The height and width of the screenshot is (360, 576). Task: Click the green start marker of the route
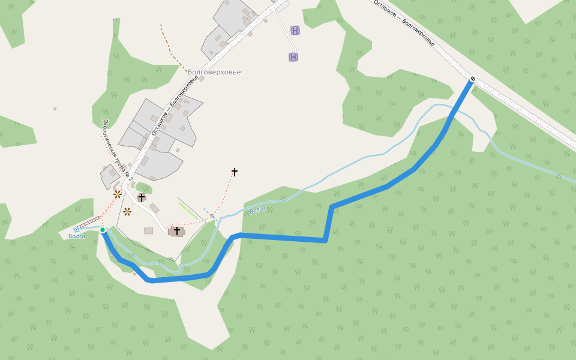tap(103, 230)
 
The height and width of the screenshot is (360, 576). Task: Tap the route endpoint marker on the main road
tap(473, 79)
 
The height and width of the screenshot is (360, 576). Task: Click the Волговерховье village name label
tap(214, 72)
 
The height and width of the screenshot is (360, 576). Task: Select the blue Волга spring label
tap(76, 236)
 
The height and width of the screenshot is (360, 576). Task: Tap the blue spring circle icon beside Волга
tap(76, 230)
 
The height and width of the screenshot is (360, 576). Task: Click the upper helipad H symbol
tap(295, 30)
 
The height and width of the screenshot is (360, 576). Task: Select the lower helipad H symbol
tap(293, 57)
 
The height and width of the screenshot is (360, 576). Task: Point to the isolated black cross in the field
tap(234, 172)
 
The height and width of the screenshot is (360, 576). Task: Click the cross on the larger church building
tap(177, 230)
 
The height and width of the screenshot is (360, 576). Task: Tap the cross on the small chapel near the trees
tap(142, 197)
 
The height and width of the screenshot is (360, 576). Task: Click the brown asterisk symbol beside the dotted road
tap(118, 194)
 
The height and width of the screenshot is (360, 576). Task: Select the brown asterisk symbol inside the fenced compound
tap(127, 211)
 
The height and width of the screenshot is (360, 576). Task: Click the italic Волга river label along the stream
tap(257, 209)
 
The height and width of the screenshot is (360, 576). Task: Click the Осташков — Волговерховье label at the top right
tap(404, 23)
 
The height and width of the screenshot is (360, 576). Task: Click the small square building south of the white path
tap(148, 230)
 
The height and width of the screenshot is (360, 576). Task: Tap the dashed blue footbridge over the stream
tap(209, 212)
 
